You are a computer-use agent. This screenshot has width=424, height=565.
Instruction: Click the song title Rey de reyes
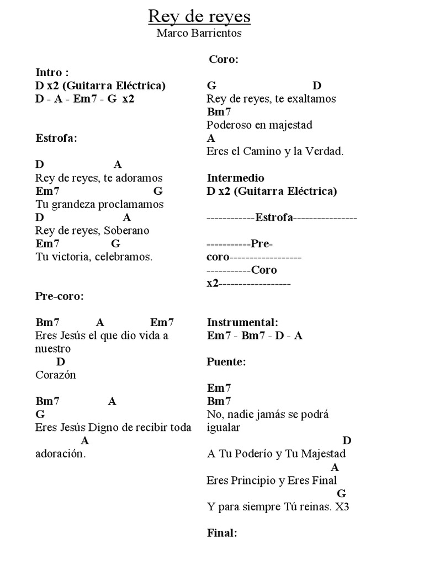(199, 17)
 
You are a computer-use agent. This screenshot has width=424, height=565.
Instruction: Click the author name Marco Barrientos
(199, 34)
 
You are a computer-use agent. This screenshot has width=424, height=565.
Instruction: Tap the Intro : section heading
(52, 72)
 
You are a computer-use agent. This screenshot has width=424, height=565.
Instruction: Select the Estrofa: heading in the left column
(56, 138)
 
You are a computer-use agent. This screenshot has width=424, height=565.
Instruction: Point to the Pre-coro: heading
(60, 296)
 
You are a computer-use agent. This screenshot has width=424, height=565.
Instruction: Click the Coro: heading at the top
(224, 60)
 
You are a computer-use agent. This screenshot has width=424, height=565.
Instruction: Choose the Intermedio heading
(236, 178)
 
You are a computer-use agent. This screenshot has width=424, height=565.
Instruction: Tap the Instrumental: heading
(243, 322)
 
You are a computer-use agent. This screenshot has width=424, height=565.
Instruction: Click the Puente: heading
(226, 362)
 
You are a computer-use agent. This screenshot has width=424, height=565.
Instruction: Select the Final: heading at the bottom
(222, 533)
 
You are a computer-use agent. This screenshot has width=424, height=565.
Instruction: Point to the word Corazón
(56, 375)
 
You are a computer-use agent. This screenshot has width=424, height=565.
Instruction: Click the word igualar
(224, 428)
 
